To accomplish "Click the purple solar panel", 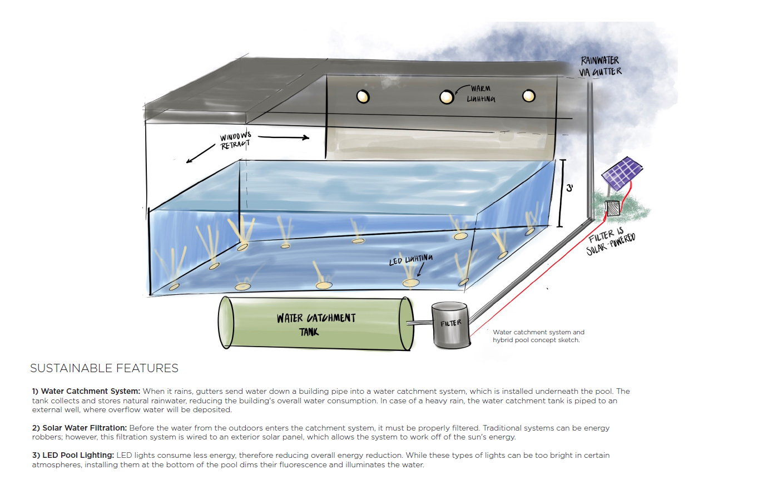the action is pyautogui.click(x=622, y=174).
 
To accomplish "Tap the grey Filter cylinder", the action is pyautogui.click(x=450, y=325).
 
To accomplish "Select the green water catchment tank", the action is pyautogui.click(x=316, y=323).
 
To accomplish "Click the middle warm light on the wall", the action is pyautogui.click(x=446, y=97).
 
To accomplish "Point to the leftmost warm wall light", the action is pyautogui.click(x=363, y=97).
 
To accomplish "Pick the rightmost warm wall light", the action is pyautogui.click(x=529, y=96).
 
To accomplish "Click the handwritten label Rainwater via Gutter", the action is pyautogui.click(x=601, y=66).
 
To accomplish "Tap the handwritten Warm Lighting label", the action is pyautogui.click(x=480, y=94).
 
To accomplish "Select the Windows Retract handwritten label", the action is pyautogui.click(x=235, y=141).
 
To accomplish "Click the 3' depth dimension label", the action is pyautogui.click(x=569, y=188).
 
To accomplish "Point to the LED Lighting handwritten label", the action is pyautogui.click(x=410, y=260).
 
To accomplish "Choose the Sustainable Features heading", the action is pyautogui.click(x=104, y=368).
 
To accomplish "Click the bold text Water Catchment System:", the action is pyautogui.click(x=86, y=391).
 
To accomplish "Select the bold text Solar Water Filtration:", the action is pyautogui.click(x=80, y=428).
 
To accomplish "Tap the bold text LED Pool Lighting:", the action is pyautogui.click(x=73, y=455).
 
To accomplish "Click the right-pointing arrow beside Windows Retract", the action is pyautogui.click(x=284, y=138).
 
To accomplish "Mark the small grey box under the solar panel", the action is pyautogui.click(x=612, y=209).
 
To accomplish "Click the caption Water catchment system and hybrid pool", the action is pyautogui.click(x=538, y=336).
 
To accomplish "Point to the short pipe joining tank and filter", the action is pyautogui.click(x=419, y=323).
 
